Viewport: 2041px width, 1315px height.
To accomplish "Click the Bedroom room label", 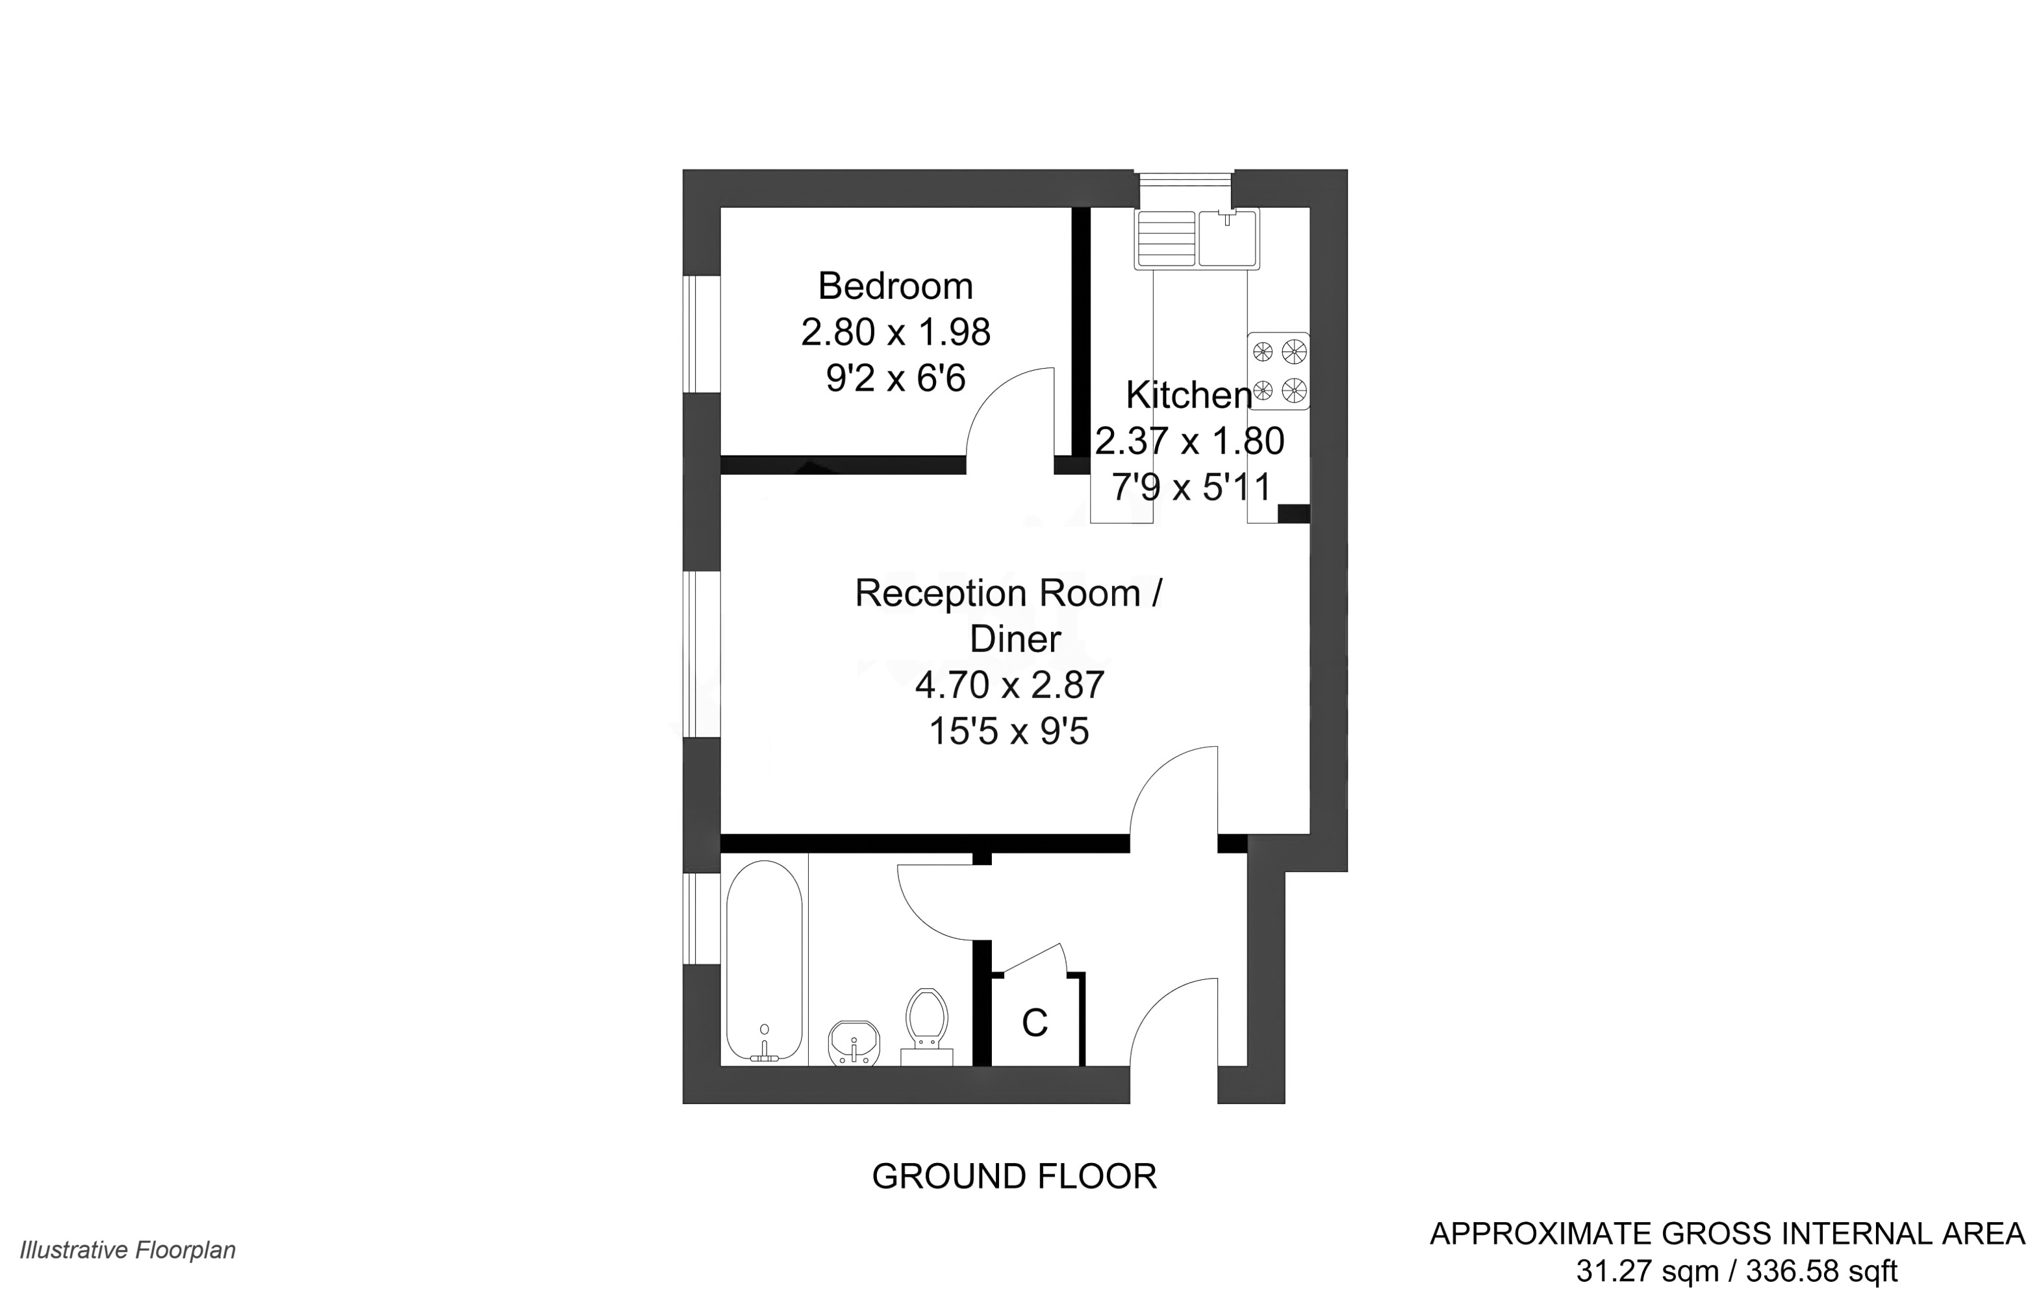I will (x=895, y=286).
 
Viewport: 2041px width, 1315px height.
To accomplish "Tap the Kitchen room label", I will (x=1188, y=395).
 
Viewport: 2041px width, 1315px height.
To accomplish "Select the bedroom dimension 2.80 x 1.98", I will (x=895, y=332).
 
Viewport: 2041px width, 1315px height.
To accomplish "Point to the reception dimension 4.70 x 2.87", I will (x=1009, y=685).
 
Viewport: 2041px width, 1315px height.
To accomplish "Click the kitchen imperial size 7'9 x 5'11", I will (x=1191, y=488).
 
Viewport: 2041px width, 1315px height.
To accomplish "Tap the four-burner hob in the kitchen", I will (x=1278, y=371).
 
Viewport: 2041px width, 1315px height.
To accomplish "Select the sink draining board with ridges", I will (x=1165, y=238).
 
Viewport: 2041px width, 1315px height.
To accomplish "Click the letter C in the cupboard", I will (x=1034, y=1022).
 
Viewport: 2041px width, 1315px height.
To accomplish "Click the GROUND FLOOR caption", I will (x=1013, y=1177).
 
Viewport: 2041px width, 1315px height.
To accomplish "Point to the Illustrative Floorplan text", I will (x=128, y=1250).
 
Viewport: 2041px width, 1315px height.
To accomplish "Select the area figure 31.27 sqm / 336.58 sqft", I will (x=1736, y=1271).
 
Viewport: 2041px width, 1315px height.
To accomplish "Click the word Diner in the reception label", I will (x=1015, y=639).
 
